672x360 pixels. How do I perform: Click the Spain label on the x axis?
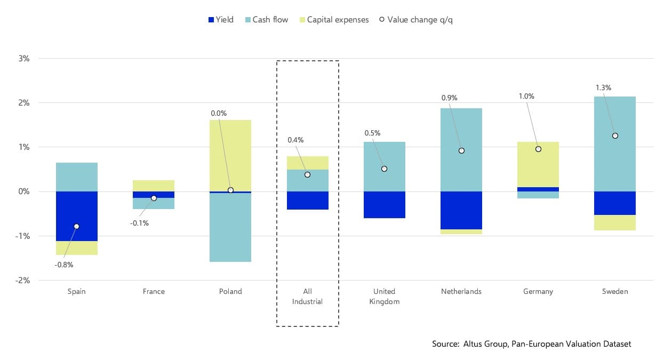pos(76,291)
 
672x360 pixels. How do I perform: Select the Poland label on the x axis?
pos(230,291)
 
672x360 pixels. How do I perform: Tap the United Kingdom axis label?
pos(384,296)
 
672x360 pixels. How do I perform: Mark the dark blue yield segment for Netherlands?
pos(461,210)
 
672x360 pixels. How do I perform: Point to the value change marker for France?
pos(154,198)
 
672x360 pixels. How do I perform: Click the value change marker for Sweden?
pos(615,135)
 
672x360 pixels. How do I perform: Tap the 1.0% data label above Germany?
pos(526,97)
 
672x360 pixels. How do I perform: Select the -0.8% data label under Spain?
pos(64,265)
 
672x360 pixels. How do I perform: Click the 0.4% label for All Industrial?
pos(295,140)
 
